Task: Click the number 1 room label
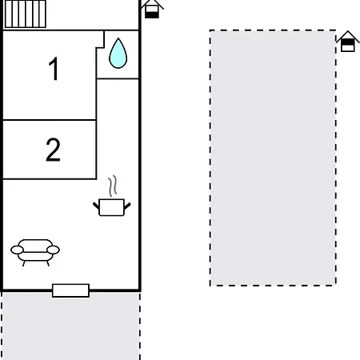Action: [54, 70]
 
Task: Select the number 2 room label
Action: [53, 150]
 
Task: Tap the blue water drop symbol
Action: [118, 53]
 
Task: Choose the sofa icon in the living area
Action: [35, 251]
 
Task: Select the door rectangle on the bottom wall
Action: [70, 290]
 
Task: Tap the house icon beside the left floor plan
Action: [152, 9]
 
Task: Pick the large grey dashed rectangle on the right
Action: [273, 158]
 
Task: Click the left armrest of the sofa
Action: [16, 251]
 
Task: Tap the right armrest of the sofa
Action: [54, 250]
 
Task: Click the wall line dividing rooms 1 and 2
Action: [50, 120]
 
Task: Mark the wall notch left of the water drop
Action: [100, 40]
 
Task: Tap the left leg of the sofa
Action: [24, 262]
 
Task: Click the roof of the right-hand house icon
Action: [347, 35]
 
